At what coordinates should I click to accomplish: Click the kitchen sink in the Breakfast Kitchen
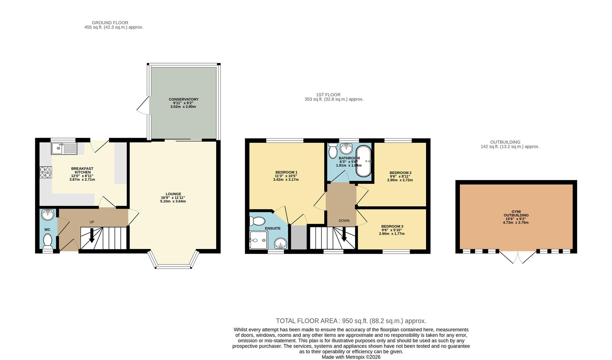[64, 148]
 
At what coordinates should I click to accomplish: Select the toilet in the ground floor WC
[48, 241]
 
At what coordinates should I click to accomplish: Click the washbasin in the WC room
[48, 214]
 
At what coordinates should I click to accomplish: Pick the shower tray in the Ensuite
[259, 240]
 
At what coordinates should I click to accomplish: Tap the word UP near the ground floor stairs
[92, 222]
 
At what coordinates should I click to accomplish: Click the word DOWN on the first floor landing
[344, 221]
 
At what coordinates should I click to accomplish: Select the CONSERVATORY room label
[183, 99]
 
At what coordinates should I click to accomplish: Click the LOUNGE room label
[173, 194]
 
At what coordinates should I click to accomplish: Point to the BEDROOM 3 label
[392, 226]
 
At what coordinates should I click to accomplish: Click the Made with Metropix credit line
[351, 357]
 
